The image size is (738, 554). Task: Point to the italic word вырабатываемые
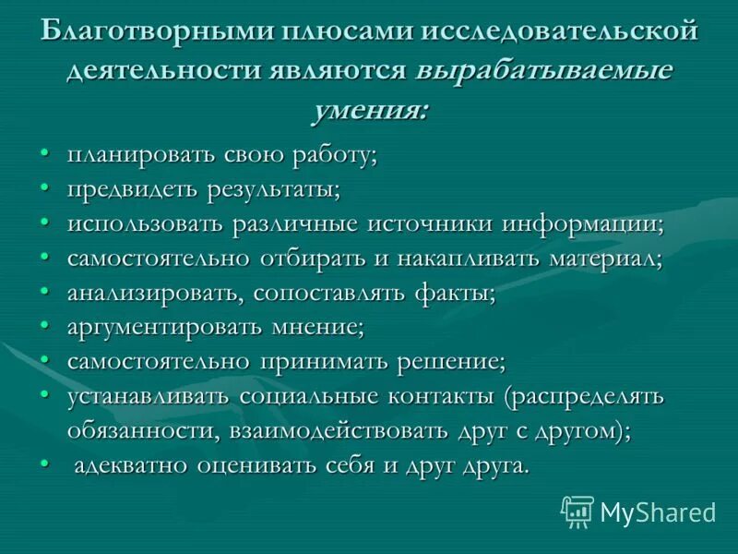coord(542,73)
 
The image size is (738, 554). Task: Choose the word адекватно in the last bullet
coord(132,465)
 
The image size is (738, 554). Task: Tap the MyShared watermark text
coord(658,512)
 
